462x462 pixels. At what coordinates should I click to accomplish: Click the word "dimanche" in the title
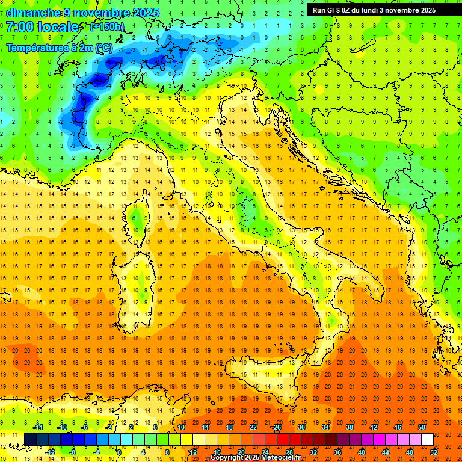[x=33, y=13]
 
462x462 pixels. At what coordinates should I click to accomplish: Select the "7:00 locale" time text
[x=43, y=27]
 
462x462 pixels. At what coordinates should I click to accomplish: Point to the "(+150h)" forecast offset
[x=107, y=27]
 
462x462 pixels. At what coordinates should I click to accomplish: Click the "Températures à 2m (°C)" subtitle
[x=59, y=48]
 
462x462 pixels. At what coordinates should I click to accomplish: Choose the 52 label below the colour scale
[x=434, y=452]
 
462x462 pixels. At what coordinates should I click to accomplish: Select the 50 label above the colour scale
[x=422, y=427]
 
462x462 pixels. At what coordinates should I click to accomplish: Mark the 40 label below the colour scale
[x=362, y=452]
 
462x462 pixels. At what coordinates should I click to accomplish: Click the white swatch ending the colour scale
[x=427, y=439]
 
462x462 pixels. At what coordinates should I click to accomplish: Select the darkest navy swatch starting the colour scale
[x=30, y=439]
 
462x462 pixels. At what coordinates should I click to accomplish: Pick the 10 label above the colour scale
[x=181, y=427]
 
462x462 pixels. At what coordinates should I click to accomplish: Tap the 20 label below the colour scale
[x=241, y=452]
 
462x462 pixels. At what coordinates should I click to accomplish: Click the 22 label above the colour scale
[x=253, y=427]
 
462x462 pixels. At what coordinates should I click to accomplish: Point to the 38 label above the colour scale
[x=350, y=427]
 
